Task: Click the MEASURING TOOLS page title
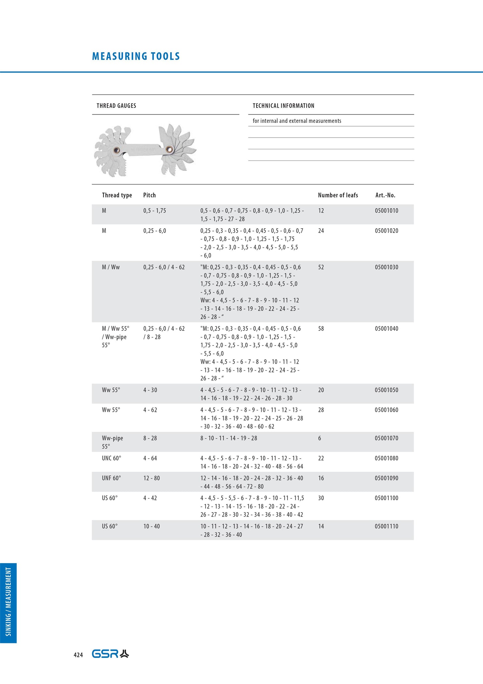[136, 56]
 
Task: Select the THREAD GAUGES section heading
[116, 106]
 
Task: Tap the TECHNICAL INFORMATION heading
[283, 106]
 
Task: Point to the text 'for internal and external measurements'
[297, 121]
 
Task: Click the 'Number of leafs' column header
[338, 195]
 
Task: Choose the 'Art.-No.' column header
[385, 195]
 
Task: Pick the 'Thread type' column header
[117, 195]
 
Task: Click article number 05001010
[386, 211]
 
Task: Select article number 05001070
[386, 438]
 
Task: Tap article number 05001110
[386, 526]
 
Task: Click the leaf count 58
[321, 328]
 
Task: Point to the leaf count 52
[321, 267]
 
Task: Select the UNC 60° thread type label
[111, 458]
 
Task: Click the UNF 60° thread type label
[111, 478]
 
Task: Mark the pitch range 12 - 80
[151, 478]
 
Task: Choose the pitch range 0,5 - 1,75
[154, 211]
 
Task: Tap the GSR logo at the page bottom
[110, 654]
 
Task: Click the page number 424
[78, 655]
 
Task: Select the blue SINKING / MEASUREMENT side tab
[8, 603]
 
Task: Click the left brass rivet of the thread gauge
[117, 150]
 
